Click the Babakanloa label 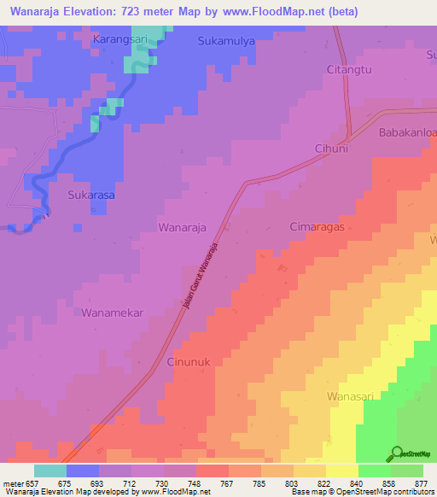(x=406, y=132)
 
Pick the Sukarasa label (x=90, y=195)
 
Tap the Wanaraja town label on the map (x=183, y=227)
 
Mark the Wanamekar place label (x=112, y=313)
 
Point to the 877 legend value (x=421, y=482)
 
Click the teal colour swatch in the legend (x=50, y=471)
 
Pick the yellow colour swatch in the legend (x=341, y=471)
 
